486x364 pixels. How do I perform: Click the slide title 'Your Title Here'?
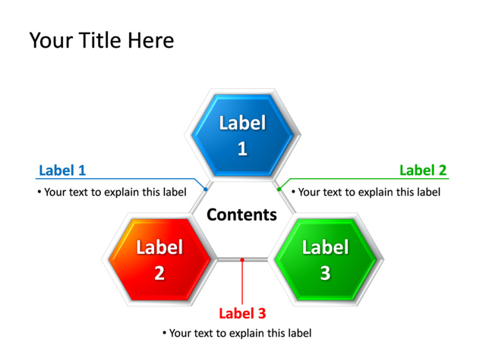[101, 40]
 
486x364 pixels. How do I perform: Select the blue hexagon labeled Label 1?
[242, 135]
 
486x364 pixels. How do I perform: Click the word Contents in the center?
[242, 215]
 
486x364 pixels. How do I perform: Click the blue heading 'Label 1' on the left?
[62, 171]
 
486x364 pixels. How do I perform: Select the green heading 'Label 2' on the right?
[423, 171]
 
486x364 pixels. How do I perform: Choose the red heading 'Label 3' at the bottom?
[242, 313]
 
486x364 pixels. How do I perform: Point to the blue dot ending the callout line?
[206, 189]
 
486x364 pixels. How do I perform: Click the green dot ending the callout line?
[279, 189]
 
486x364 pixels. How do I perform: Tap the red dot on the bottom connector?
[242, 260]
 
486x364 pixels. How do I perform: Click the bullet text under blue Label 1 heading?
[112, 192]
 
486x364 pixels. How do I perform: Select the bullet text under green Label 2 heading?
[366, 192]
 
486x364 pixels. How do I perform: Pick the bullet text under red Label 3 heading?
[237, 333]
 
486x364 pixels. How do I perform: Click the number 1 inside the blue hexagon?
[242, 149]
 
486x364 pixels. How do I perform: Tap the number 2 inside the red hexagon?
[159, 273]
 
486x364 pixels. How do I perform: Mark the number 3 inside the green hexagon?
[325, 273]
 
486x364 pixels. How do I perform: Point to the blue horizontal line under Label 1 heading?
[114, 180]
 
